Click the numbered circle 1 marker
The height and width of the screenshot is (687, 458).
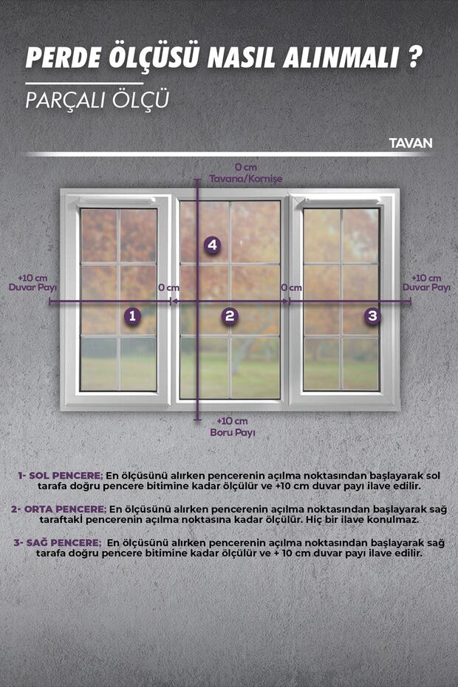132,315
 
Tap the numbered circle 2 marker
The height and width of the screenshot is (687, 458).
230,315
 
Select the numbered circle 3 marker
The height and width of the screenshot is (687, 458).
372,315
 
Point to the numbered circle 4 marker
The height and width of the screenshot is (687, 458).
212,245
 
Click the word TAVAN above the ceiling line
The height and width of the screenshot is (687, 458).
411,143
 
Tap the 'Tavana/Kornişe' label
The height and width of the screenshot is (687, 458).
245,179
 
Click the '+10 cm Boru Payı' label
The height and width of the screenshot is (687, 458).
232,427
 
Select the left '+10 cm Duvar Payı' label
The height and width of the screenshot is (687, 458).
33,283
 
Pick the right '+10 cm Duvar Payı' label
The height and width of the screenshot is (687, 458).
426,283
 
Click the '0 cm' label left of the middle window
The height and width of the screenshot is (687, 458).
168,288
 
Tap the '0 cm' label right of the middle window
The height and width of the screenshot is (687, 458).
292,288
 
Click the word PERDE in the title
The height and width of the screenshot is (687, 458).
64,58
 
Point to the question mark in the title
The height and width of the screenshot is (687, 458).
414,57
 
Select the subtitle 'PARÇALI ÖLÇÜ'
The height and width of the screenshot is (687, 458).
98,100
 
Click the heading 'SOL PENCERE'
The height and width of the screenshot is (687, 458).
66,476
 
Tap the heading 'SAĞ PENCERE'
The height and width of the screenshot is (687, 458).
64,543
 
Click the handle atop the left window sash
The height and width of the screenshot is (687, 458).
117,201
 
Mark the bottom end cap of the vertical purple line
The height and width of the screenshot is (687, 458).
197,420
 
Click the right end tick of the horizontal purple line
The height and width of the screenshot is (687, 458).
411,301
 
